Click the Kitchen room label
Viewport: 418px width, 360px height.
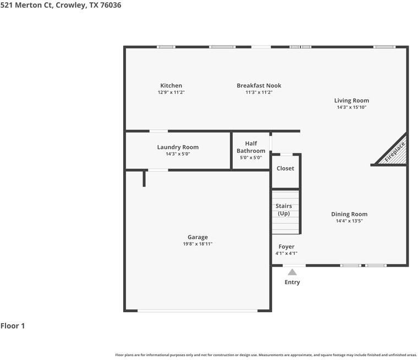[x=171, y=86]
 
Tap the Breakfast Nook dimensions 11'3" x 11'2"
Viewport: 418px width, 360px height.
[x=259, y=92]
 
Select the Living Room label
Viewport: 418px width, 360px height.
[x=351, y=101]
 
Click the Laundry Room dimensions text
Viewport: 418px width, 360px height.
[x=178, y=154]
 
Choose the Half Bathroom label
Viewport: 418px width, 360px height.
[x=251, y=147]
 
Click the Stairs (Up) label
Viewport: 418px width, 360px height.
[x=284, y=210]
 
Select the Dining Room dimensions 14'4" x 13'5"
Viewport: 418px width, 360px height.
[x=349, y=221]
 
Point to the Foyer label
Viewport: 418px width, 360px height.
[x=287, y=247]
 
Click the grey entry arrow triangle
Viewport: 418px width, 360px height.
[x=292, y=272]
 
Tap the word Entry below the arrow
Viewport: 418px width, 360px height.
[x=292, y=282]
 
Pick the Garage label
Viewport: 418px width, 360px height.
[x=197, y=237]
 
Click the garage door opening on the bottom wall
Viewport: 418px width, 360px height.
[x=197, y=311]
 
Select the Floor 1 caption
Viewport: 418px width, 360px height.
[x=13, y=326]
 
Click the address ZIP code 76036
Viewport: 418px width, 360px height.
[x=111, y=5]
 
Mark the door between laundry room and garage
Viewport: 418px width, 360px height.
[x=158, y=170]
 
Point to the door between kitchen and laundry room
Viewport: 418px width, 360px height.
[x=158, y=131]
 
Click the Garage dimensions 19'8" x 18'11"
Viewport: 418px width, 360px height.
[x=197, y=244]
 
